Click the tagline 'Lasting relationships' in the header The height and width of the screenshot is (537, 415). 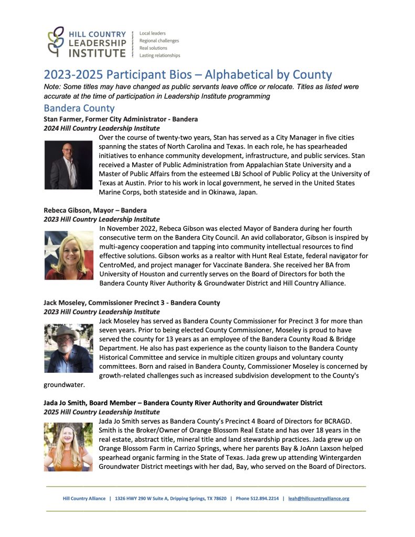[x=159, y=55]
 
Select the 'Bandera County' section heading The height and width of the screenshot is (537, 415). [x=79, y=109]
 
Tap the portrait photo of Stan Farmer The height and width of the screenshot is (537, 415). [x=69, y=165]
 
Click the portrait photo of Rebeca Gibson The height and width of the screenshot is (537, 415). [x=69, y=255]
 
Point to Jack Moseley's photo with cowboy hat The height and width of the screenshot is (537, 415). [x=69, y=348]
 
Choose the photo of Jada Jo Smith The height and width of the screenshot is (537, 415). [x=69, y=446]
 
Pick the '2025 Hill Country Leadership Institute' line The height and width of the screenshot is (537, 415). [x=102, y=412]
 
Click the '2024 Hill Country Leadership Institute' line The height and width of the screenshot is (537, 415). [x=102, y=128]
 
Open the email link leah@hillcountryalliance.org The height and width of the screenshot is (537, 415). [x=319, y=499]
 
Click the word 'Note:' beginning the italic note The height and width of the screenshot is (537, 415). [x=53, y=86]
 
